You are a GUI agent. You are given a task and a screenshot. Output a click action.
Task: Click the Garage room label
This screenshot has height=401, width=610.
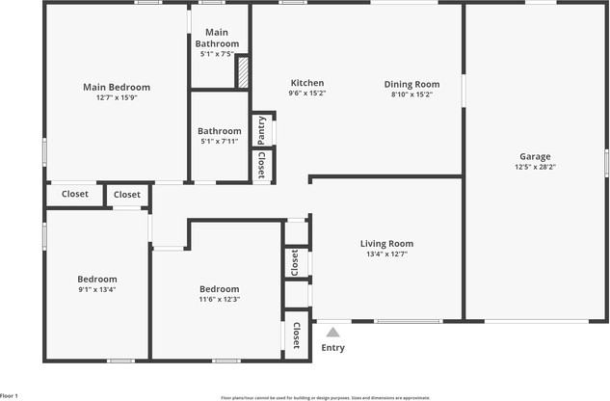coord(535,156)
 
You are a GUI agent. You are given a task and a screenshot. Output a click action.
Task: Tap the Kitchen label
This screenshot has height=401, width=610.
coord(307,83)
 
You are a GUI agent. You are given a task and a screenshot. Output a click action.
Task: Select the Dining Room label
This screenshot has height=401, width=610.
coord(411,84)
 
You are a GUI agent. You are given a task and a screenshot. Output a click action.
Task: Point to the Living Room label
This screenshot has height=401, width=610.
coord(386,244)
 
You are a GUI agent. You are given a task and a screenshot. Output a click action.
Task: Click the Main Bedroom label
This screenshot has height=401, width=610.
coord(117,87)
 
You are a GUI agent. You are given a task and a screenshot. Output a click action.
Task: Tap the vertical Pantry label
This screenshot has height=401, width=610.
coord(261,129)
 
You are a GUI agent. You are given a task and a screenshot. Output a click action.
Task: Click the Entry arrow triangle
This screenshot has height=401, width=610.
coord(332,333)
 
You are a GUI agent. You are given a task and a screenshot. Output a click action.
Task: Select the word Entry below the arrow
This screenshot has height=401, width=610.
coord(332,348)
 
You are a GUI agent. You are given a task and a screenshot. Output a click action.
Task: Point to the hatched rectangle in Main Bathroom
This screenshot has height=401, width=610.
coord(244,72)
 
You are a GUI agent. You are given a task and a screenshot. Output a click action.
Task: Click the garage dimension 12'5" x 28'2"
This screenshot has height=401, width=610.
coord(535,167)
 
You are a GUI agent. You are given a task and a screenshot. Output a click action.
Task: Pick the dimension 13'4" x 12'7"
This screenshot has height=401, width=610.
coord(386,254)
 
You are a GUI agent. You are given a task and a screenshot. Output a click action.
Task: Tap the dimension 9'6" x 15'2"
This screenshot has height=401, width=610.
coord(307,94)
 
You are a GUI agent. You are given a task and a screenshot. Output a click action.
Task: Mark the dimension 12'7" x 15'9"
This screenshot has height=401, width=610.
coord(117,97)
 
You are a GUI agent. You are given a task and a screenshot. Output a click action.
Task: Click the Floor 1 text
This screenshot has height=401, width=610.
coord(10,395)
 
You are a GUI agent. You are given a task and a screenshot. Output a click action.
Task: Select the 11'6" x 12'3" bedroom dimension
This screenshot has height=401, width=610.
coord(220,299)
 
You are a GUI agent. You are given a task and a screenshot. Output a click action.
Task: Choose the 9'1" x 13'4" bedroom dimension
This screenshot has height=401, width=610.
coord(97,289)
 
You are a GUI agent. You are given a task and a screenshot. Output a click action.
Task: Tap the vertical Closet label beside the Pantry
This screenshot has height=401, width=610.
coord(261,166)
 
